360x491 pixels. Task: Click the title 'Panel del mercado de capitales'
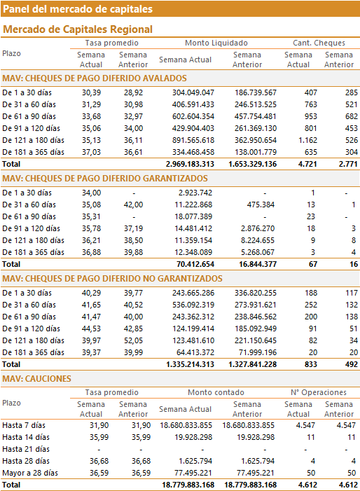click(78, 9)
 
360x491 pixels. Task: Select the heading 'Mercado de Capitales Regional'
click(78, 29)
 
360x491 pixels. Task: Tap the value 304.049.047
click(193, 92)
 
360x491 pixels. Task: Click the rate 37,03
click(92, 152)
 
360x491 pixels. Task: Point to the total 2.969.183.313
click(190, 164)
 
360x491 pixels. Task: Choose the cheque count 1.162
click(307, 140)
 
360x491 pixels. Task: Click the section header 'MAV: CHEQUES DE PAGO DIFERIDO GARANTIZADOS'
click(105, 179)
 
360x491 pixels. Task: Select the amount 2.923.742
click(195, 193)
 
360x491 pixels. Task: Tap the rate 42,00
click(133, 205)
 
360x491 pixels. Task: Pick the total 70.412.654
click(195, 264)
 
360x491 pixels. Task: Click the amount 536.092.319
click(193, 305)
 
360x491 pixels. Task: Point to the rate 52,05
click(133, 340)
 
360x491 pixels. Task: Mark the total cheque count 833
click(310, 364)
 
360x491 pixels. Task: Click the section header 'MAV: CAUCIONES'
click(36, 379)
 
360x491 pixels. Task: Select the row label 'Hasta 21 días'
click(26, 450)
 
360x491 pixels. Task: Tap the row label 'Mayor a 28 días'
click(30, 473)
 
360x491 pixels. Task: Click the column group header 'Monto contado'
click(216, 392)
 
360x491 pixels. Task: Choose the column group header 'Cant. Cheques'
click(319, 43)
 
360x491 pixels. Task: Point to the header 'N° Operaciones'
click(319, 392)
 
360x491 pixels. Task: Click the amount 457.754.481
click(256, 116)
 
